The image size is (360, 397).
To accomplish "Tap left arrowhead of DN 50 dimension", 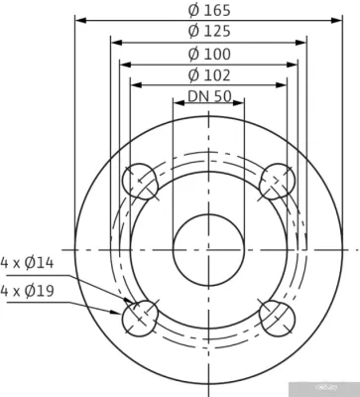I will click(x=177, y=108).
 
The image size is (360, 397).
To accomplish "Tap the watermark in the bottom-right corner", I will click(x=340, y=390).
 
